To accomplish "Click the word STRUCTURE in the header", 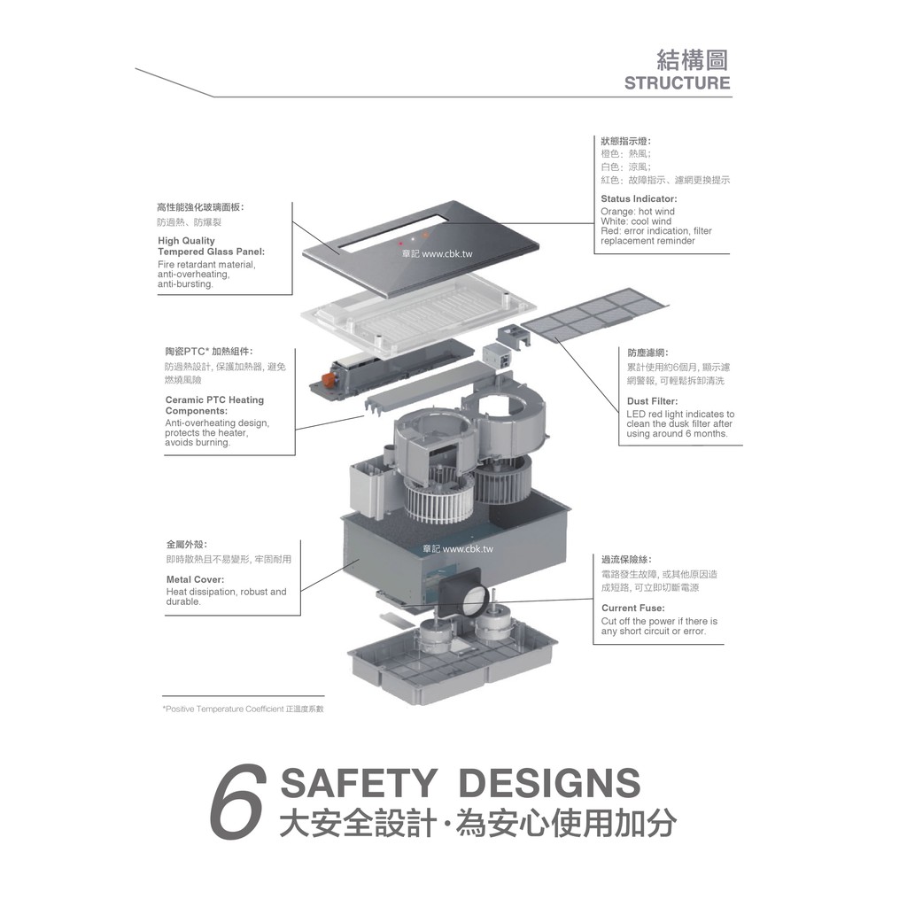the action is [x=677, y=82].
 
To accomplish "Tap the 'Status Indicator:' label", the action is [x=639, y=199].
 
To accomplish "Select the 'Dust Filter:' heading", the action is [x=652, y=401].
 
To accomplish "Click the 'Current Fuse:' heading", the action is [x=632, y=608].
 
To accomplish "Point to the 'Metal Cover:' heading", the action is [x=195, y=579].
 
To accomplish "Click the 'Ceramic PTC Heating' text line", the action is [x=214, y=399].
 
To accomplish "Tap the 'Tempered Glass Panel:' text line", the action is [x=211, y=252].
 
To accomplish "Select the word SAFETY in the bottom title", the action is [x=358, y=783].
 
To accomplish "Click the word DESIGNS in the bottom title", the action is [x=549, y=783].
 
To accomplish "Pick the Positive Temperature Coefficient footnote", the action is [x=243, y=709].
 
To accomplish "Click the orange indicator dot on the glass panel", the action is [x=426, y=236].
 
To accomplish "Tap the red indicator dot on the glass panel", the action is [x=400, y=244].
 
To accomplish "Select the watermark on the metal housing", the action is [x=458, y=549].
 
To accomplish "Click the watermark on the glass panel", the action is [x=438, y=254].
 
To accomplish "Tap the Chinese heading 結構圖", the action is [x=693, y=59].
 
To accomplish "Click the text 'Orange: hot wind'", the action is [x=638, y=212].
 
